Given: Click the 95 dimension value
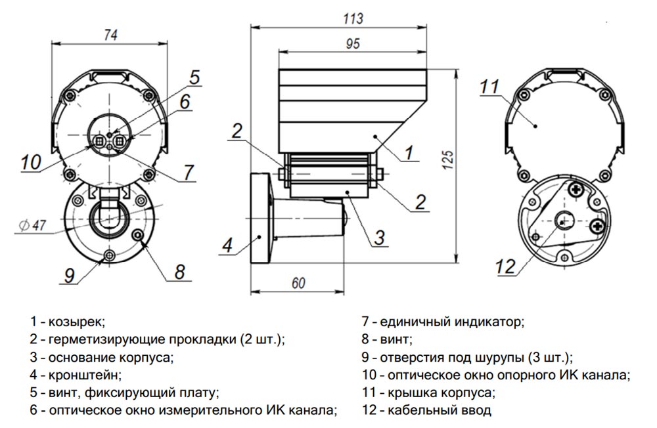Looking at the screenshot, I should click(352, 45).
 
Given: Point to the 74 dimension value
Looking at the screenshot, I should click(110, 37).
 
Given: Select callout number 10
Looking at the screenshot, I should click(30, 161).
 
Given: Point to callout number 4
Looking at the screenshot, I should click(227, 246).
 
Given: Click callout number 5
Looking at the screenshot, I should click(194, 77).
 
